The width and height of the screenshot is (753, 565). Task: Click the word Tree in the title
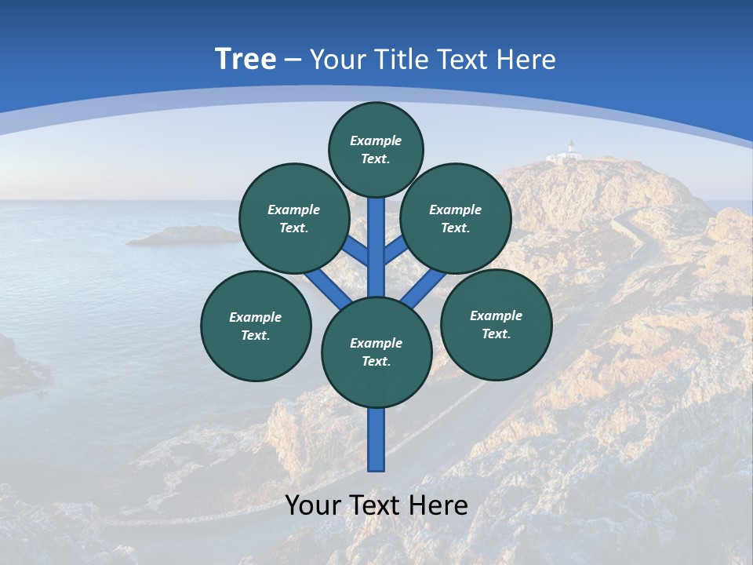click(x=246, y=59)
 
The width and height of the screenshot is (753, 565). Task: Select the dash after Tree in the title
click(x=293, y=60)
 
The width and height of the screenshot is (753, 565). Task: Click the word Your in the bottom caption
click(x=314, y=505)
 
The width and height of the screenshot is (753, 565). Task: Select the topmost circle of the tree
click(x=376, y=149)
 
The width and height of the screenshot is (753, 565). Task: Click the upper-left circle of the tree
click(x=293, y=218)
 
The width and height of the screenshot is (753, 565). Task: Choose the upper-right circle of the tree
click(x=456, y=218)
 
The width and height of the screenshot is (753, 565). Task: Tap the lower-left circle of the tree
click(x=256, y=326)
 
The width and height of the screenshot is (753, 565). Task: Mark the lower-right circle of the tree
click(x=496, y=324)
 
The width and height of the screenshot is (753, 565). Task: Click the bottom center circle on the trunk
click(x=376, y=352)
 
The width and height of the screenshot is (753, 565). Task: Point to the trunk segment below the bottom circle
click(x=376, y=439)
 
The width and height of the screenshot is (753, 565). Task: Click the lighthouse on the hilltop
click(x=571, y=149)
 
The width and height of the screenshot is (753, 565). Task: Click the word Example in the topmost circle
click(x=376, y=140)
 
